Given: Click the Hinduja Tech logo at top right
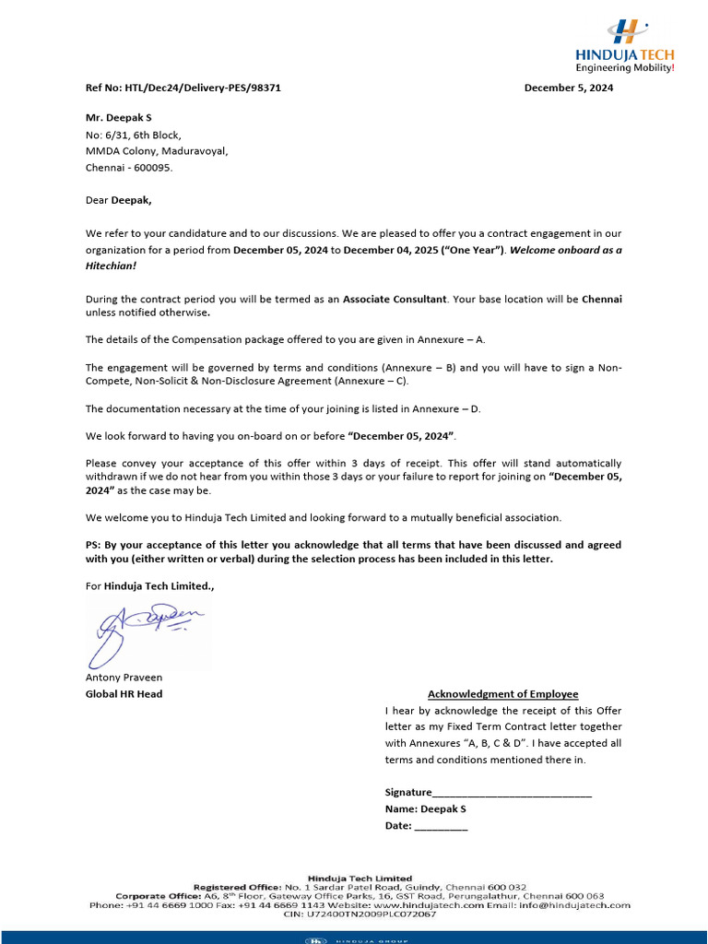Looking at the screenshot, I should point(624,46).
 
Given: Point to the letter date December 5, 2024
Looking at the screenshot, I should point(568,88).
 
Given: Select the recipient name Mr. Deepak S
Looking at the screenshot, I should point(119,119).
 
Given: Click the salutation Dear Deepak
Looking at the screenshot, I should point(119,199).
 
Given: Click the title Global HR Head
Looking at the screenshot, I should point(124,694).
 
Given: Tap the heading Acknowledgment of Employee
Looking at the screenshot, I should point(502,694).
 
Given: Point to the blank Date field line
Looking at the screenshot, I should point(441,827).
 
